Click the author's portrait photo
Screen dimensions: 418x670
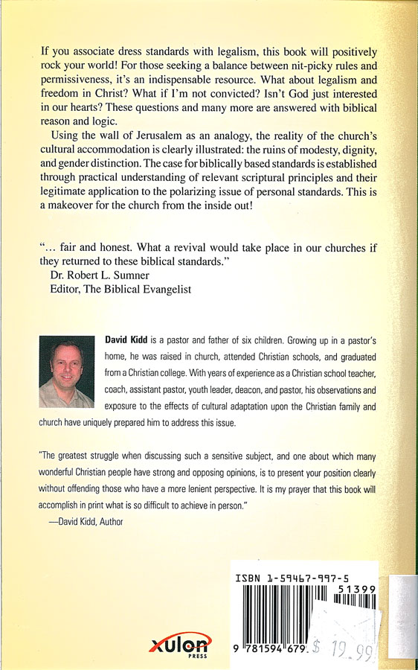[x=66, y=371]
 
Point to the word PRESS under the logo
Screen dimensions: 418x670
[x=198, y=658]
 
